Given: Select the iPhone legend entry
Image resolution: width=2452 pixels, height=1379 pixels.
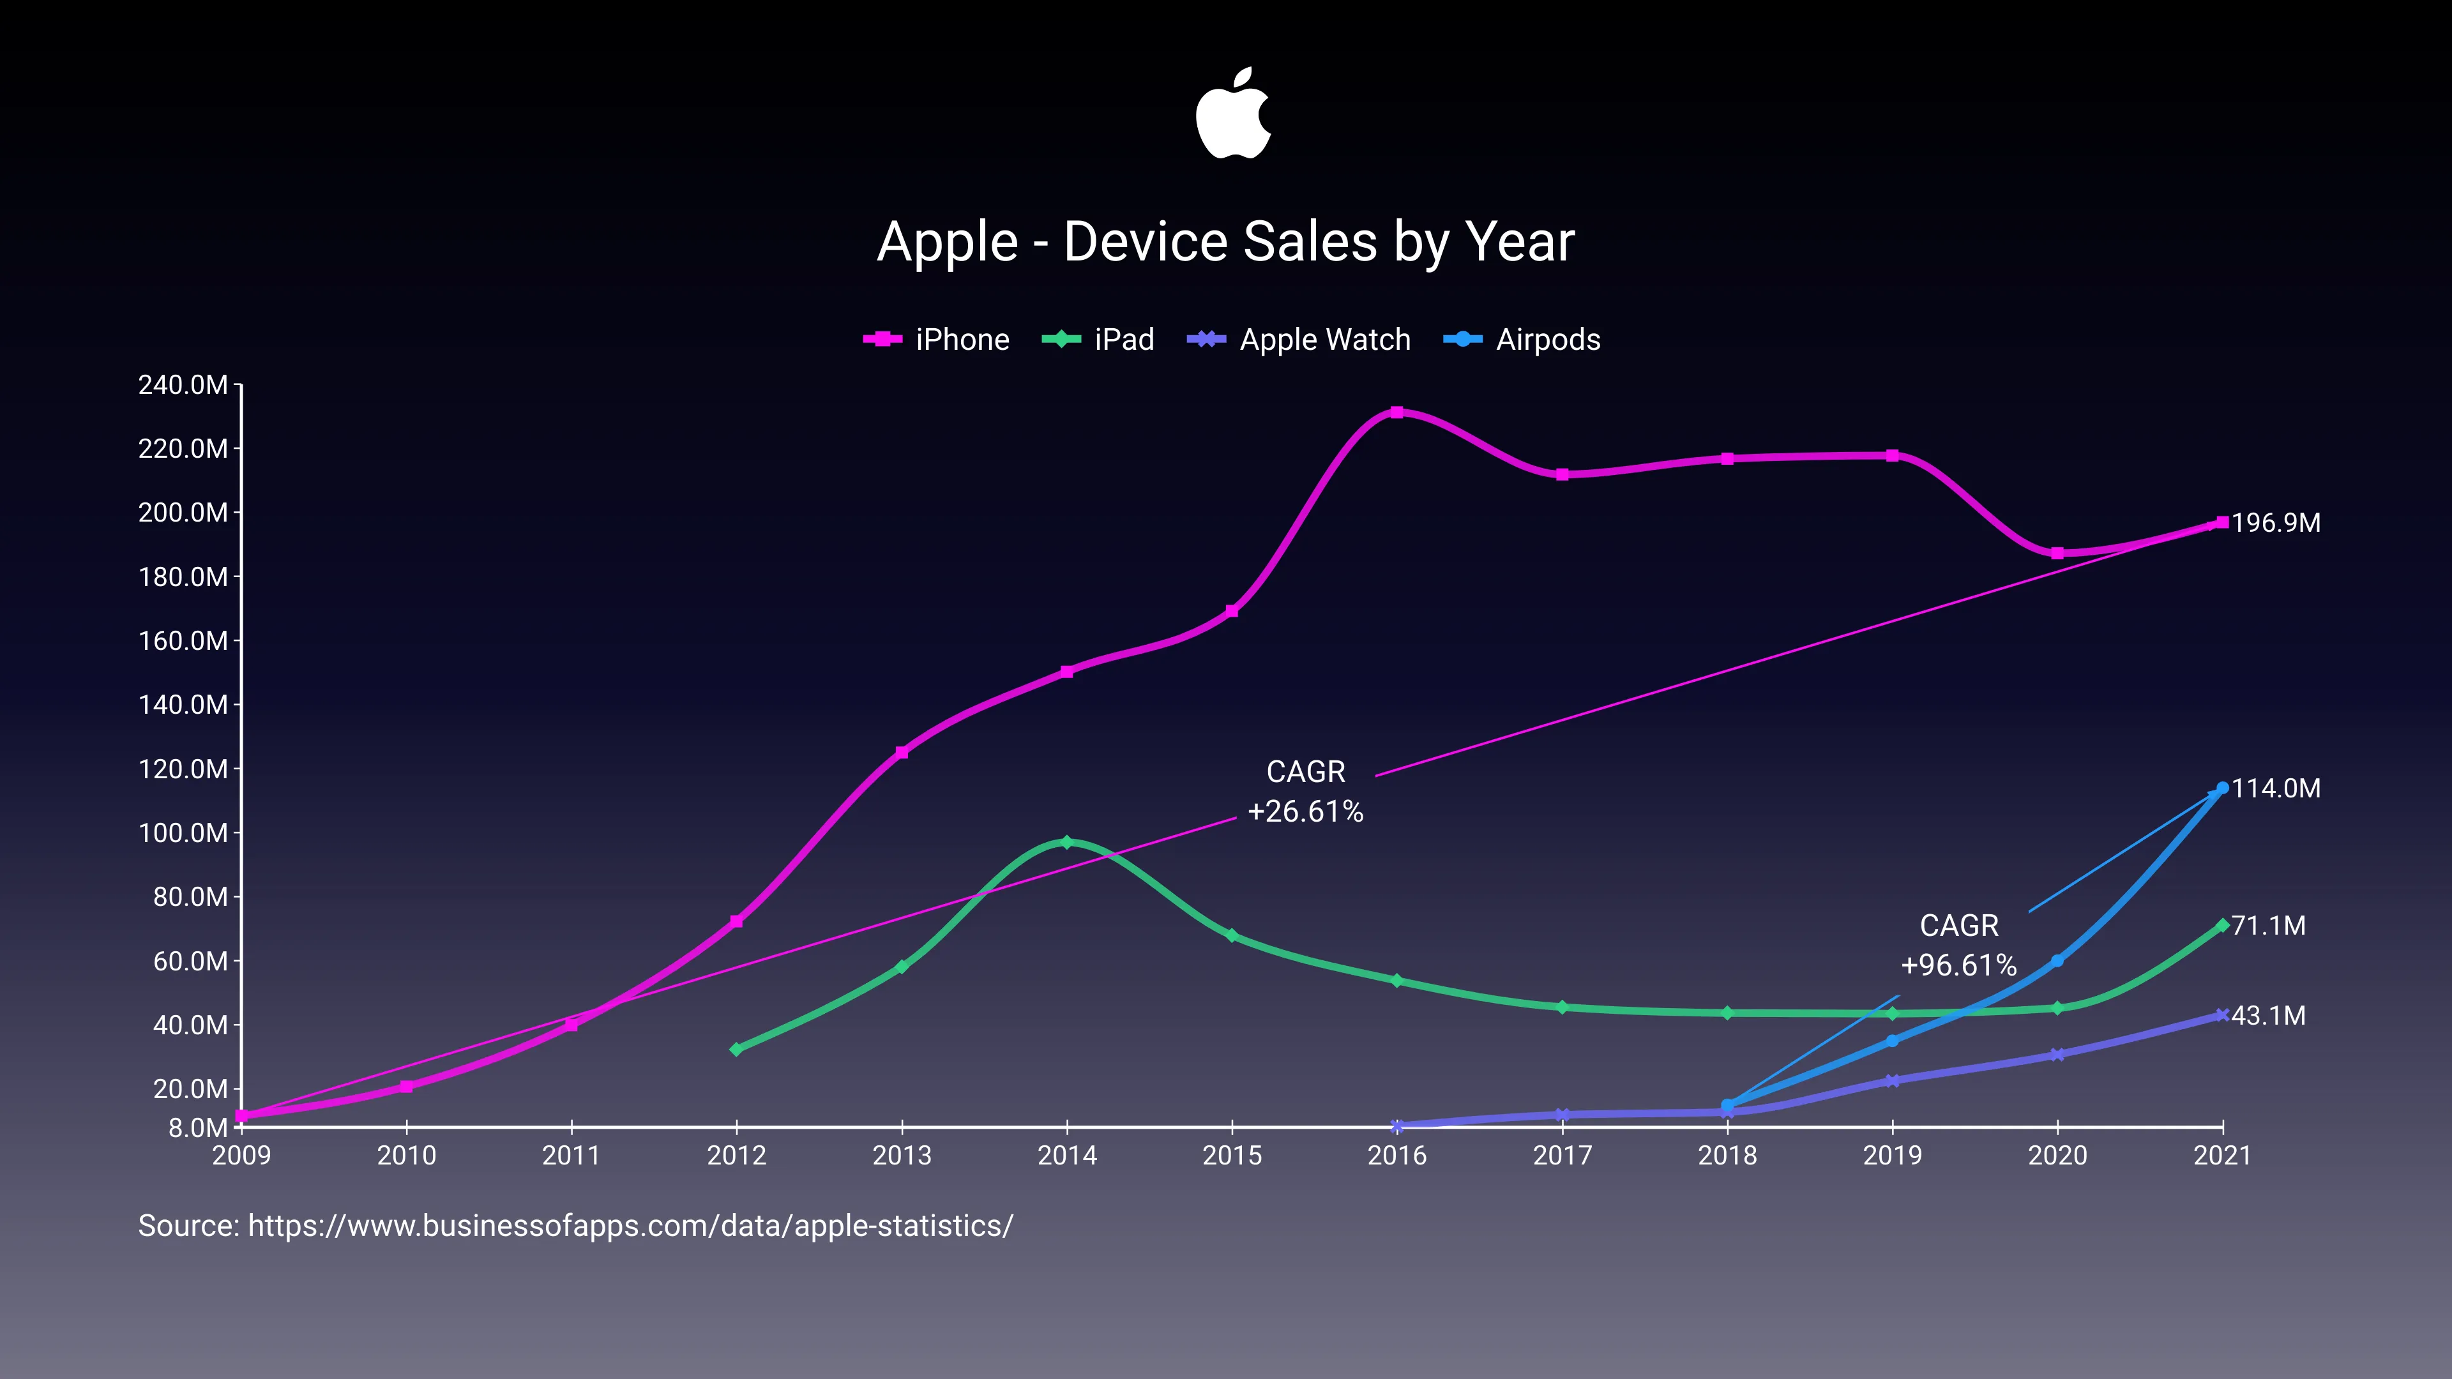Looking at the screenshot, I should (937, 340).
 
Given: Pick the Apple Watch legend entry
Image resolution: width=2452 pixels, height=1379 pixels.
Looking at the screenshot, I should (1299, 340).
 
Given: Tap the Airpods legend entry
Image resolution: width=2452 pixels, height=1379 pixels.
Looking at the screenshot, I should (1522, 340).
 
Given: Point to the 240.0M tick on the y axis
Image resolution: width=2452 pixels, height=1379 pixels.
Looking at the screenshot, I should (183, 386).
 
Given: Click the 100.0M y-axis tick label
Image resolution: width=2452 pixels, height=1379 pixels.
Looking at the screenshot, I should (183, 834).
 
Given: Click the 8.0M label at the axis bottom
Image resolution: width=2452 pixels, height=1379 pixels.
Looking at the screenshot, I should (198, 1129).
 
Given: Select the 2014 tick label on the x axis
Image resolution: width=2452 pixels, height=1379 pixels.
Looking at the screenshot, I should (1066, 1156).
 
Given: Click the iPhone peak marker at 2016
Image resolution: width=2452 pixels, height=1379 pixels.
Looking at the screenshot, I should (1396, 412).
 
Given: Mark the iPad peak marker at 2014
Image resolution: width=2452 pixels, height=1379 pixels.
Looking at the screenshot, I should (1066, 842).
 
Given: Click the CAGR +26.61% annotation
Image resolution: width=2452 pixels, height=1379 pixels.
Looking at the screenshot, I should (1305, 792).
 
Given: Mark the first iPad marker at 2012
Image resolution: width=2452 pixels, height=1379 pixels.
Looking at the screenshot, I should (736, 1050).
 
